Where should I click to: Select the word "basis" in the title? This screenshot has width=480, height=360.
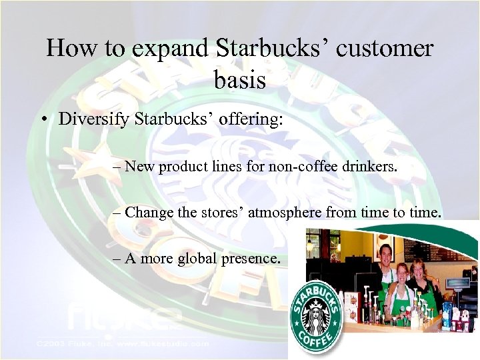click(x=240, y=80)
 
